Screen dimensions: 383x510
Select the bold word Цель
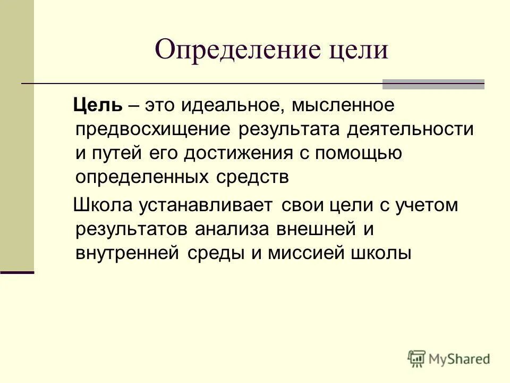click(x=99, y=105)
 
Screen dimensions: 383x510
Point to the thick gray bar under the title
click(x=433, y=84)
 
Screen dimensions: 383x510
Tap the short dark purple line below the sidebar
click(x=17, y=272)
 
